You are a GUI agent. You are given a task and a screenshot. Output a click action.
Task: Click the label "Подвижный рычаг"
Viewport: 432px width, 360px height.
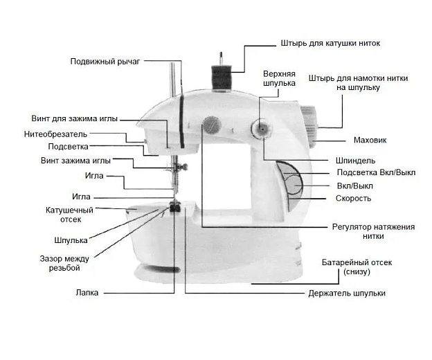click(x=105, y=62)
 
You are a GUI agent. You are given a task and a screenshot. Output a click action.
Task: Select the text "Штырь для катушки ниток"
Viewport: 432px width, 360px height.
click(x=330, y=43)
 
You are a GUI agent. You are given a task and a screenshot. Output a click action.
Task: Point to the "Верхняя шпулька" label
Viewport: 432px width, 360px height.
click(x=279, y=78)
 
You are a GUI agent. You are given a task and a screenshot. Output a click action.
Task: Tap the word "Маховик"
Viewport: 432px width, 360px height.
click(x=370, y=141)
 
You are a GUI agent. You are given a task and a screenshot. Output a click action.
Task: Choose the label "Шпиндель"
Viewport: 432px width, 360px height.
click(x=356, y=161)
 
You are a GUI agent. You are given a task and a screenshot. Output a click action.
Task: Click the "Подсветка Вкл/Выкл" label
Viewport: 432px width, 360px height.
click(x=375, y=172)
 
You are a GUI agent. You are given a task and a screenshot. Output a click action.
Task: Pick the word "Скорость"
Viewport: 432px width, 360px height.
click(x=353, y=199)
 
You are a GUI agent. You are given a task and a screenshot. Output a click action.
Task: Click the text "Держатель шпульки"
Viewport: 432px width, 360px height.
click(x=346, y=294)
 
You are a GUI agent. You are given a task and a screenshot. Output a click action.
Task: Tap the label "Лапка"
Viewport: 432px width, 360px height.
click(x=87, y=293)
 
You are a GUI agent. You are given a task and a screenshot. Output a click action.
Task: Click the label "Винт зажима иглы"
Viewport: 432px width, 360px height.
click(x=75, y=161)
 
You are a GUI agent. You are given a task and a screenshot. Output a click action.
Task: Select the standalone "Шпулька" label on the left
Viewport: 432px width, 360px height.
click(x=71, y=240)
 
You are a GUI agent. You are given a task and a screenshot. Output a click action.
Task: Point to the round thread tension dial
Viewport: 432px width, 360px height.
click(x=209, y=127)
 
